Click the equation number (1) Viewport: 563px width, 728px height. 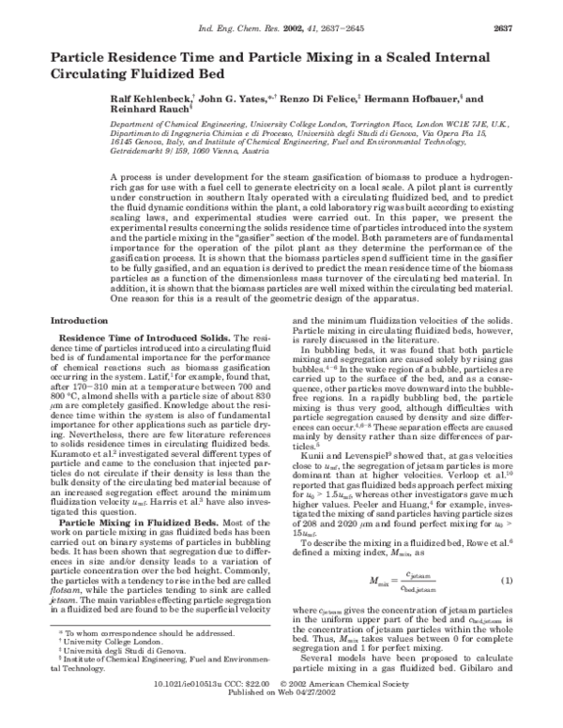click(x=505, y=582)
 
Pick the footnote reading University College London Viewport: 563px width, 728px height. click(x=109, y=669)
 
